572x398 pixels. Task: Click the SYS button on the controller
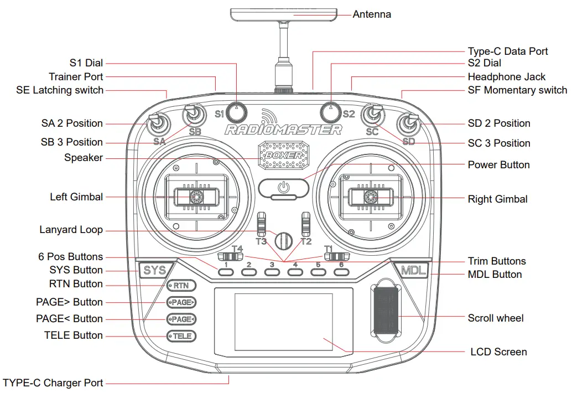point(154,271)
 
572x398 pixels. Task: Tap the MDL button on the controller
point(410,271)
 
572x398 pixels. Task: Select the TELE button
point(181,336)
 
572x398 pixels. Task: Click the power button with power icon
point(284,188)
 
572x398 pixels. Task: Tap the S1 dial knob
point(237,112)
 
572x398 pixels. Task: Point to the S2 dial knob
point(331,112)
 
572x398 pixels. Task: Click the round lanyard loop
point(284,240)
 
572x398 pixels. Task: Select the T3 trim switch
point(262,224)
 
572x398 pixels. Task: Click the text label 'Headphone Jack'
point(506,77)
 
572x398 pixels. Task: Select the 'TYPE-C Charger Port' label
point(53,383)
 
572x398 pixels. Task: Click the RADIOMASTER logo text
point(283,130)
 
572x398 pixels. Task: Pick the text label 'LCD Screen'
point(498,352)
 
